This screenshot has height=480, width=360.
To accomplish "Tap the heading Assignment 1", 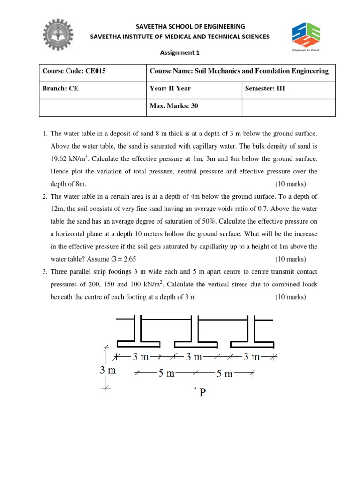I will coord(180,53).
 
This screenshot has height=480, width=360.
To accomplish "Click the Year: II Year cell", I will coord(170,89).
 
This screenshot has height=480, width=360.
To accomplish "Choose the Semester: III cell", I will coord(265,89).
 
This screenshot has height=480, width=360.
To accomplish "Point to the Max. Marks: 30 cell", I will coord(173,106).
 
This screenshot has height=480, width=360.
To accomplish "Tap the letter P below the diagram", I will coord(202,392).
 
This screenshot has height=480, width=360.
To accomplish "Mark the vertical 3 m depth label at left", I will coord(107,370).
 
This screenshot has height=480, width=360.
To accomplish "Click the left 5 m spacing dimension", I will coord(166,374).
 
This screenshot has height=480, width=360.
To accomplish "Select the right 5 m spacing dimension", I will coord(225,374).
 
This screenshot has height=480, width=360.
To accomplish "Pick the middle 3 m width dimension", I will coord(193,357).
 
